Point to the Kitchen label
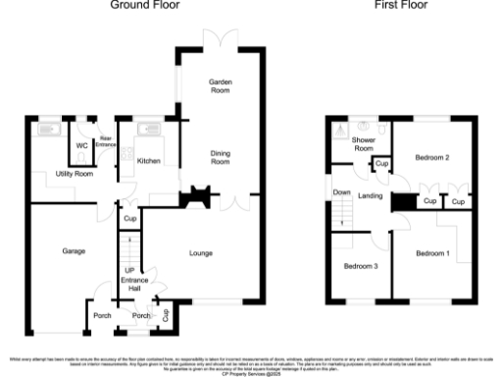coord(149,160)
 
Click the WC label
coord(82,148)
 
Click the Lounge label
coord(202,252)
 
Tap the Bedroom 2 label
coord(430,157)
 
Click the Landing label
coord(370,196)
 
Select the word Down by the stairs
coord(342,192)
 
